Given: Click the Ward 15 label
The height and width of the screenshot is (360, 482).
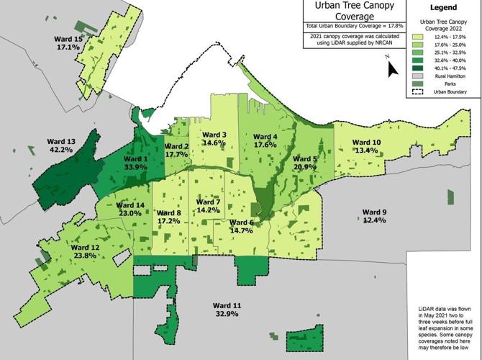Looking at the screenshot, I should (x=68, y=38).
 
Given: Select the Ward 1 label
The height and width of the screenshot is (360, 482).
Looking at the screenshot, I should (x=135, y=158).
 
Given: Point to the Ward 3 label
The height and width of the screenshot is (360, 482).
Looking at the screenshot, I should (x=214, y=135).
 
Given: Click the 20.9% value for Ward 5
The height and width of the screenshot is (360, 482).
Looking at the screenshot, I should (x=305, y=167).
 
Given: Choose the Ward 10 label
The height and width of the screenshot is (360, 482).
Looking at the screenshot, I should (x=367, y=142).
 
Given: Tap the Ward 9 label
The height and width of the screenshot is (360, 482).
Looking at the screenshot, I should (x=375, y=212).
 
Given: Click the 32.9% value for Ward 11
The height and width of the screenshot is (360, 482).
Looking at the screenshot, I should (x=228, y=314).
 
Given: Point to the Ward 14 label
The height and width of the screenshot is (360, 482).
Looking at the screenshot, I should (x=129, y=205).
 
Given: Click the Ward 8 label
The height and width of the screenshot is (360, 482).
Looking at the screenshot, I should (x=168, y=213).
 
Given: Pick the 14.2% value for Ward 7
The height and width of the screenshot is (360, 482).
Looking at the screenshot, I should (x=208, y=210).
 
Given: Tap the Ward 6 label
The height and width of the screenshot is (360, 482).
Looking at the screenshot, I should (x=241, y=222).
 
